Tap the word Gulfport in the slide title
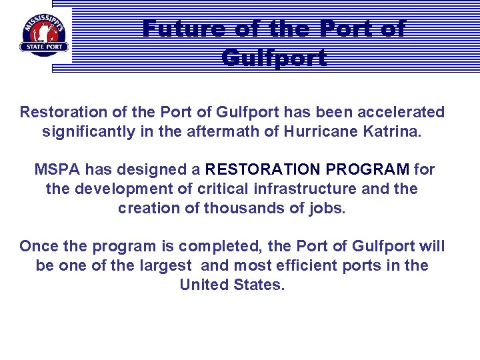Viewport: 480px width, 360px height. click(274, 58)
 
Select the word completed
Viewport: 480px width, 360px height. click(235, 246)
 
